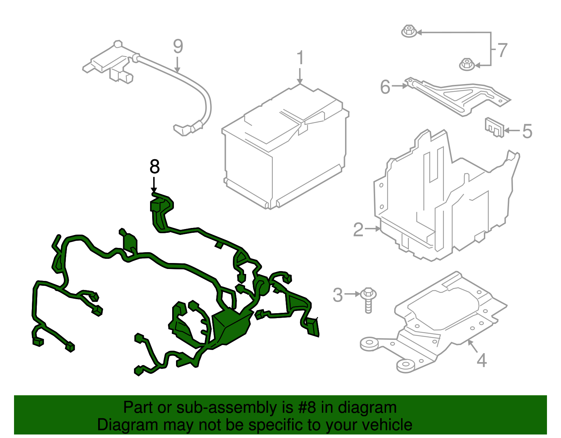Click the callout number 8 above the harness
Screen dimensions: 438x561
[x=154, y=167]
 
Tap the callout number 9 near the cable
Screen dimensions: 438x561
[x=178, y=47]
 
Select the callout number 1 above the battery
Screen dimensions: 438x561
[x=300, y=58]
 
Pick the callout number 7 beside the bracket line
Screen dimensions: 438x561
[x=502, y=50]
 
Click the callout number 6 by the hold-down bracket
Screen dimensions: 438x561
[x=385, y=87]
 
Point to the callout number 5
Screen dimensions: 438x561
[x=527, y=131]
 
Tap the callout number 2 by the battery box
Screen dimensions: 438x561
[x=358, y=230]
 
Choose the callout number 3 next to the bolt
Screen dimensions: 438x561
[x=337, y=295]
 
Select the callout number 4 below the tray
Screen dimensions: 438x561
[x=482, y=360]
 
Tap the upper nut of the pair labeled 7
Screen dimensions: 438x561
[x=408, y=31]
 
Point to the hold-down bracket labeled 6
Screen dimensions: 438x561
[x=456, y=96]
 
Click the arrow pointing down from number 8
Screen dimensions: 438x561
[x=154, y=185]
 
